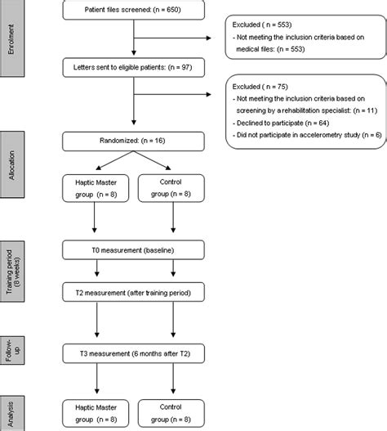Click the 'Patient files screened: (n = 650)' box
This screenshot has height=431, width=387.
coord(134,11)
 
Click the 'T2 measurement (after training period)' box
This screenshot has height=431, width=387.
coord(134,292)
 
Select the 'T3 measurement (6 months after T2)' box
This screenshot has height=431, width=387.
coord(134,352)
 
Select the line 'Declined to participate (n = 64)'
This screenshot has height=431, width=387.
coord(282,127)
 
